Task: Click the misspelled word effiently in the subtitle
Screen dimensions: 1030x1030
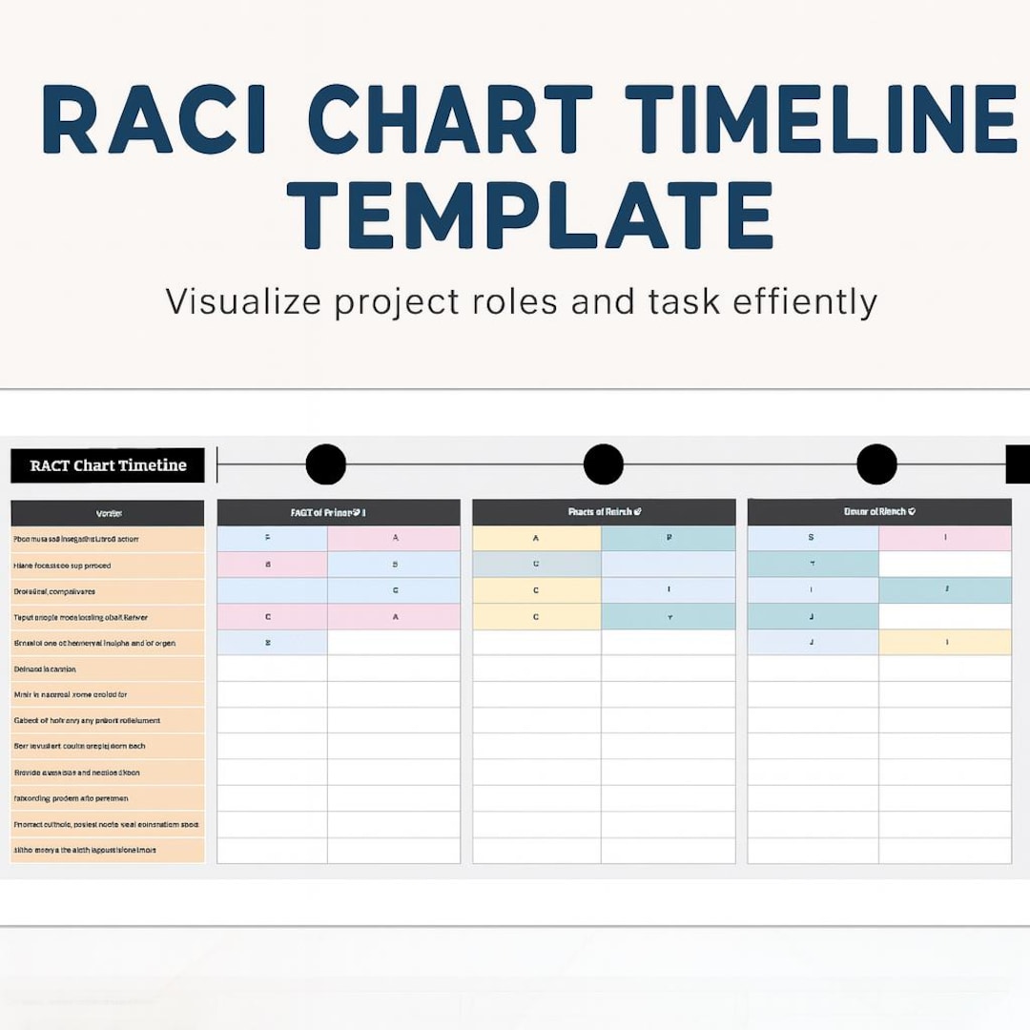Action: click(804, 301)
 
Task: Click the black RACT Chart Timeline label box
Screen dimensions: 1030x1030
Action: click(108, 465)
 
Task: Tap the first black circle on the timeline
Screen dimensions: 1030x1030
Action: click(325, 464)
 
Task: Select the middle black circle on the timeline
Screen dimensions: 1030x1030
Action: click(603, 464)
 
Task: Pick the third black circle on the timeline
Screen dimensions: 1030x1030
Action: click(876, 464)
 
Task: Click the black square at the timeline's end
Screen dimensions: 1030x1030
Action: click(1018, 464)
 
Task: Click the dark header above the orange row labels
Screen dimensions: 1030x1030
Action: click(108, 513)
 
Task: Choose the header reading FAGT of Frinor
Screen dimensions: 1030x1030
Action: click(339, 512)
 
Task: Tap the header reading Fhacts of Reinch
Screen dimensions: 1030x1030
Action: click(604, 512)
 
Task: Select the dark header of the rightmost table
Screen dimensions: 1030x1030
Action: click(878, 512)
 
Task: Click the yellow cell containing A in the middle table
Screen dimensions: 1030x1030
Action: click(537, 539)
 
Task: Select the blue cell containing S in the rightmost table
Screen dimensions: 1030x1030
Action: click(813, 539)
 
